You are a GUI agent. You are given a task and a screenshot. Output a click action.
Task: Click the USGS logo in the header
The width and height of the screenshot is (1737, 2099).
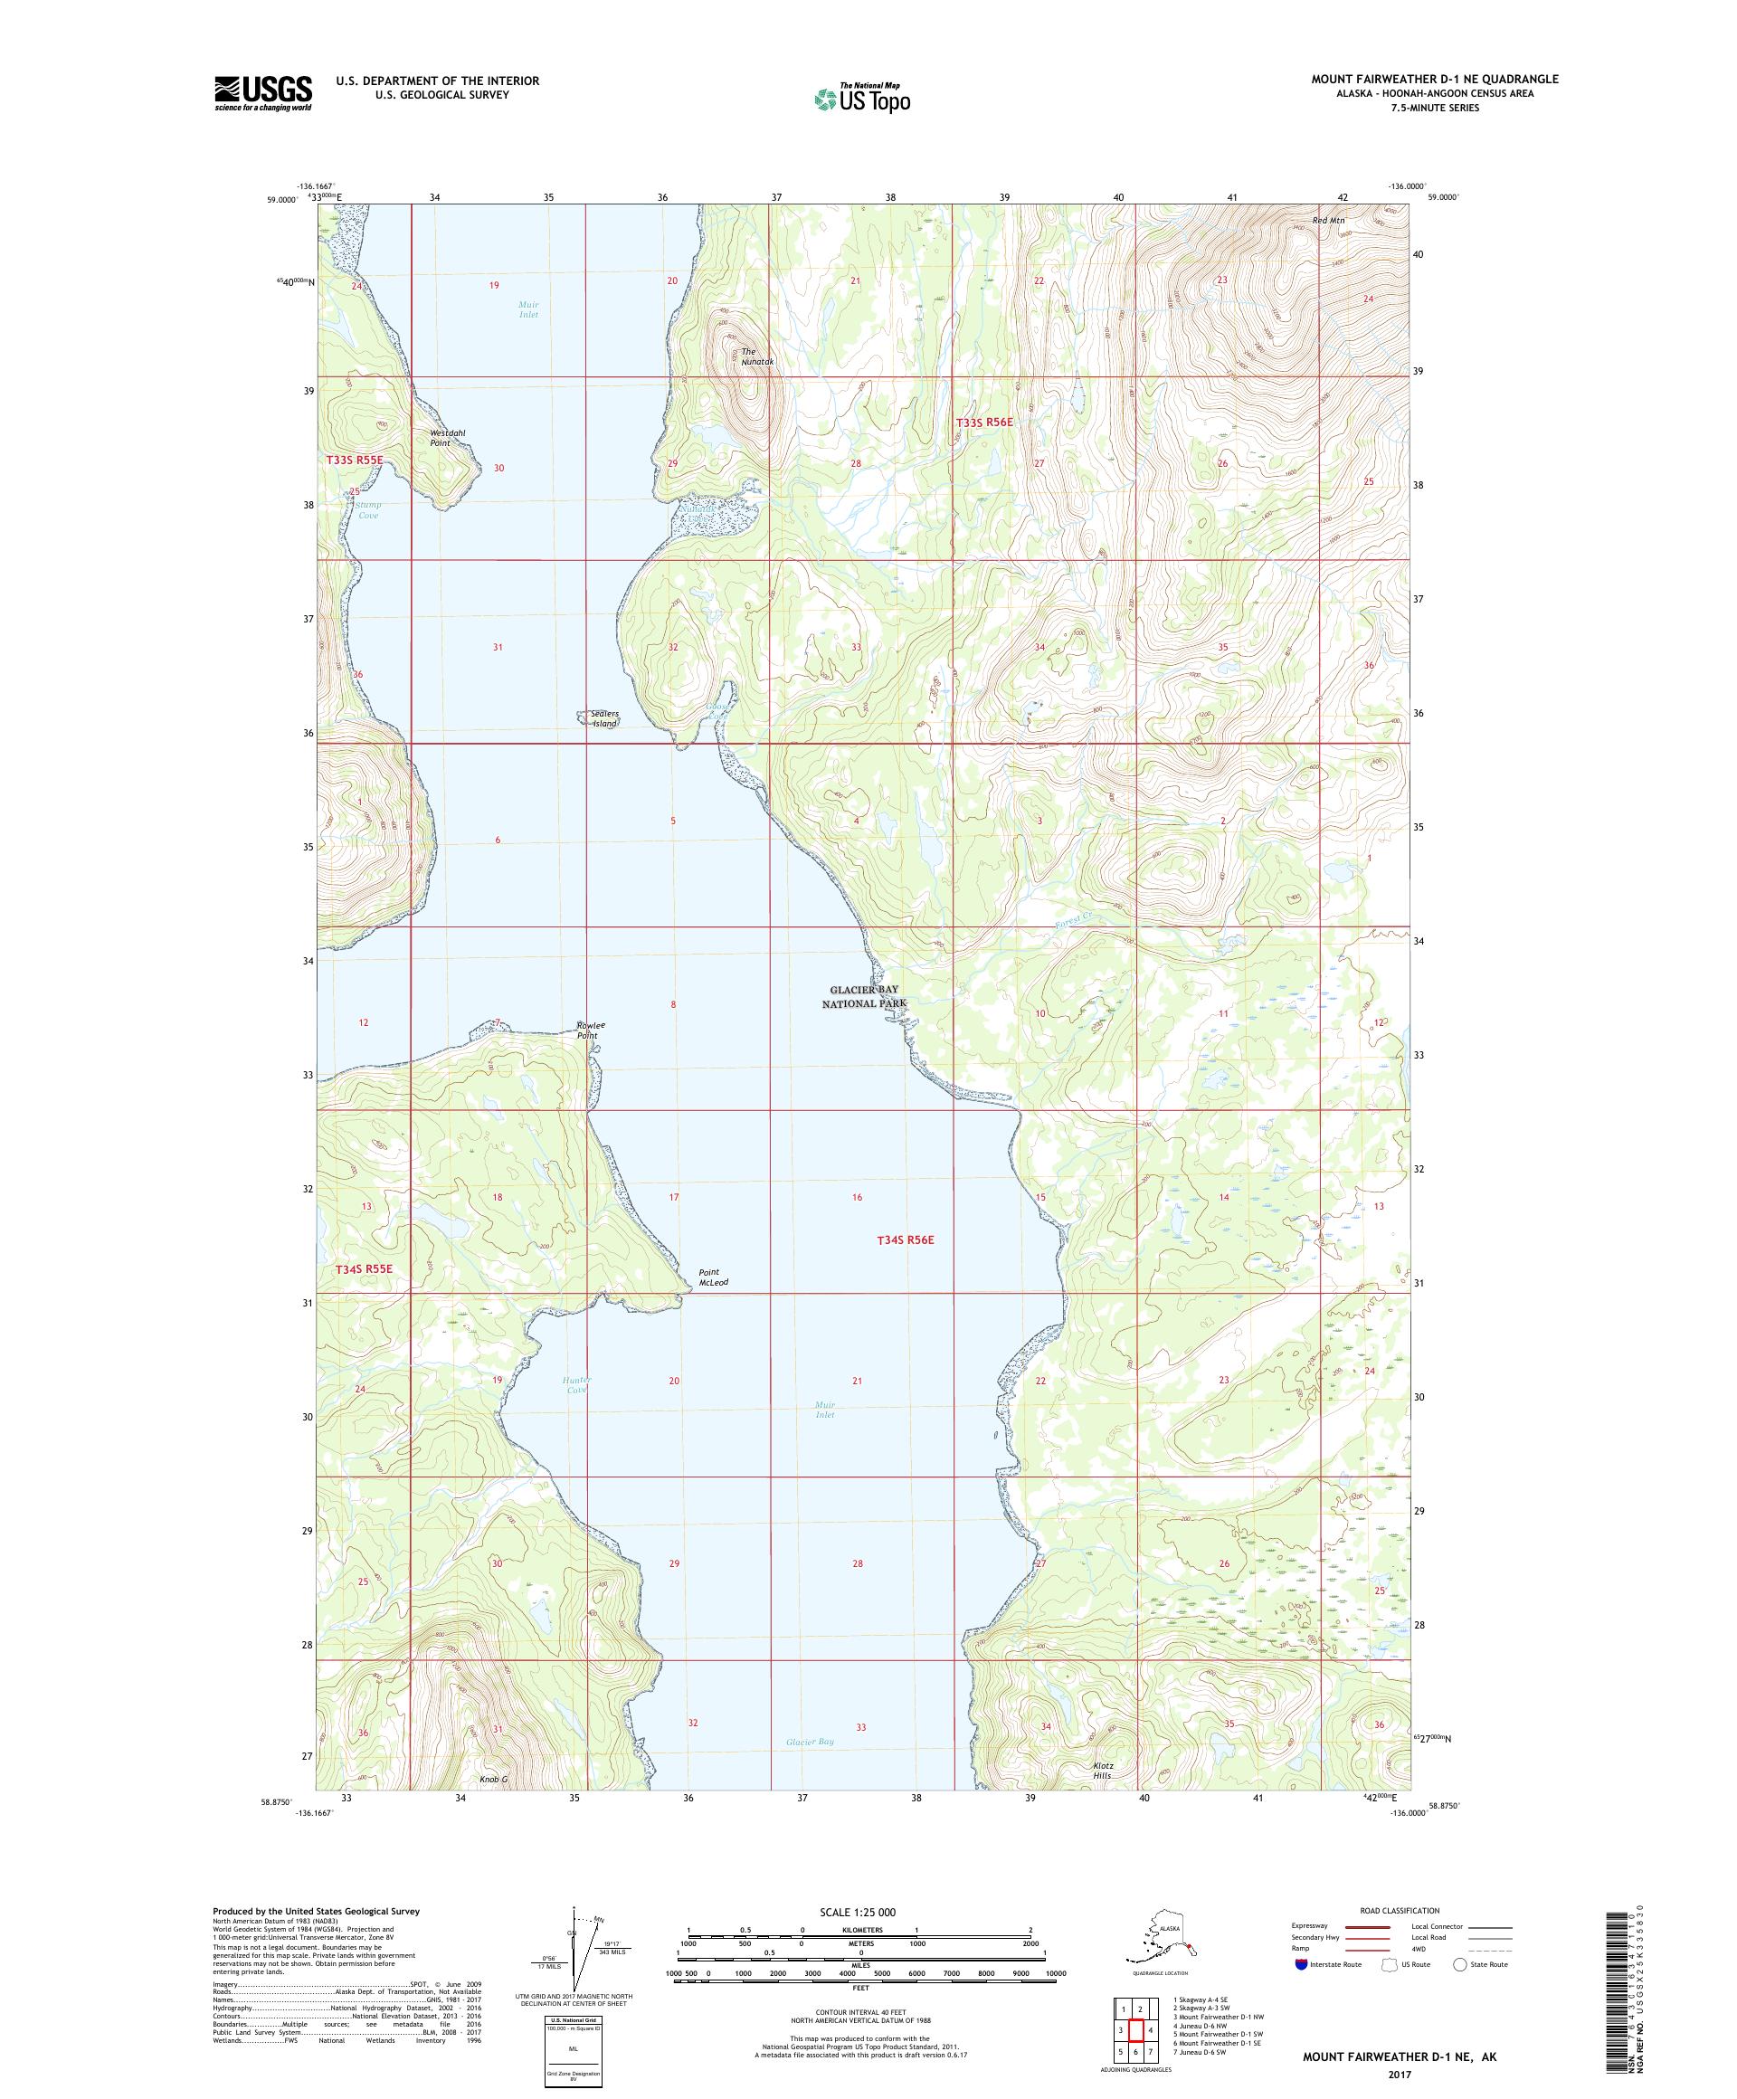tap(261, 93)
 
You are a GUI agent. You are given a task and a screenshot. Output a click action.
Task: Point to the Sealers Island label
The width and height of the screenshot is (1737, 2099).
tap(603, 717)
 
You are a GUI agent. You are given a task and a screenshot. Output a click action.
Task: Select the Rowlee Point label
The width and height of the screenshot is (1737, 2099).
tap(591, 1030)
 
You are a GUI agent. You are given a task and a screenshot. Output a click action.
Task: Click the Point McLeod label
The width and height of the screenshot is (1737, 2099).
tap(709, 1277)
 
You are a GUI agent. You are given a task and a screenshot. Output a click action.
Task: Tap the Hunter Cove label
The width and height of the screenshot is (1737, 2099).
tap(575, 1384)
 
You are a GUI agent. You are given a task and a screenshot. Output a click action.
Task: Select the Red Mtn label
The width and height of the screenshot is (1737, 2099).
tap(1329, 220)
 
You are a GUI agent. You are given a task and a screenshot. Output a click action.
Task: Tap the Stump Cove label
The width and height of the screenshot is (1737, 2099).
tap(368, 509)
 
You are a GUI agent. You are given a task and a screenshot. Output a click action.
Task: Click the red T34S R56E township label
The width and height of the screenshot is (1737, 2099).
tap(905, 1239)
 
